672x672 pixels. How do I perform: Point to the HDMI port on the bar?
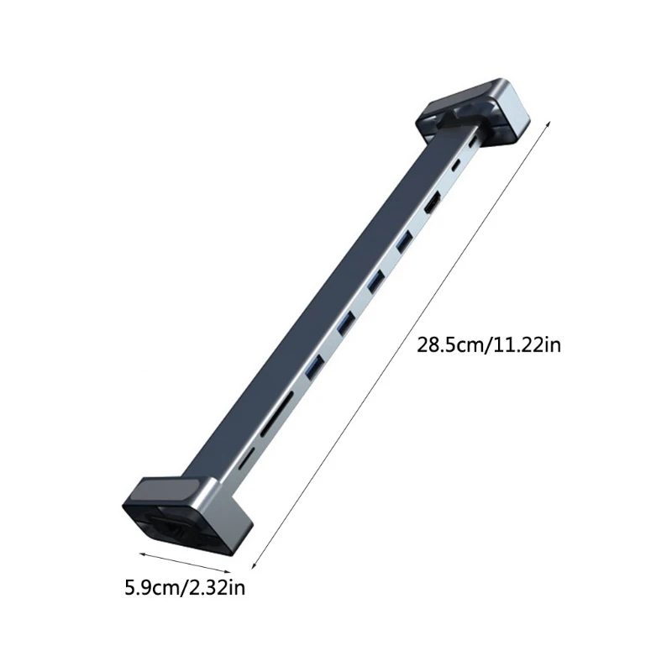[434, 203]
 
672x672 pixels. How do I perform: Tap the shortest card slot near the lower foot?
[247, 459]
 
